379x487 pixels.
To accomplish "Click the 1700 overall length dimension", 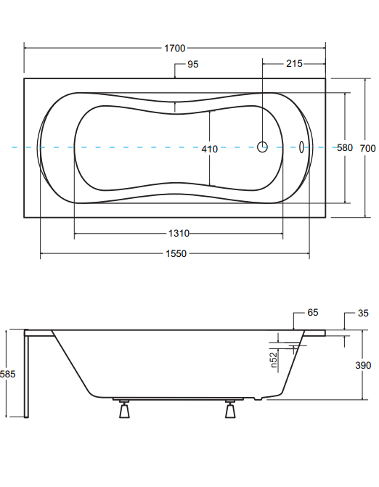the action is coord(174,48).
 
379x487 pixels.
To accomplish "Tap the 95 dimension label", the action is coord(192,65).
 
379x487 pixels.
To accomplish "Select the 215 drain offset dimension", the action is coord(294,64).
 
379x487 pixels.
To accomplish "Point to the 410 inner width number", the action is coord(209,149).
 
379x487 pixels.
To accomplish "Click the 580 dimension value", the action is coord(345,147).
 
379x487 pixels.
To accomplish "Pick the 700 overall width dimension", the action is coord(368,149).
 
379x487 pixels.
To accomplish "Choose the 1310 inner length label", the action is coord(179,233).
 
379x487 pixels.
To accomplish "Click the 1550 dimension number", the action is coord(176,254).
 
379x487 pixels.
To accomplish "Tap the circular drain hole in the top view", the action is coord(263,147).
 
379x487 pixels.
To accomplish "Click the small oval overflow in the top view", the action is coord(301,147).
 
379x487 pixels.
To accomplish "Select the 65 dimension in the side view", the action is coord(313,312).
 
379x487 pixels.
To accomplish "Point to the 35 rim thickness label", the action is coord(363,313).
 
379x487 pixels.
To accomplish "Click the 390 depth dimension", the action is coord(363,365).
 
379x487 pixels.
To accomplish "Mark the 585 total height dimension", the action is coord(7,374).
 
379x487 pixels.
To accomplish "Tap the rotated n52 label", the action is coord(274,360).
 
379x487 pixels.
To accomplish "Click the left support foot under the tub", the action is coord(124,409).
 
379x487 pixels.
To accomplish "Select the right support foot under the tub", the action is coord(230,409).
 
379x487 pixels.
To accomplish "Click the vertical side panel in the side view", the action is coord(27,374).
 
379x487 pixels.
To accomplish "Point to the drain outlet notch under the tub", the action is coord(258,398).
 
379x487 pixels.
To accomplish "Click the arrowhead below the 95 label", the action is coord(175,75).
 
